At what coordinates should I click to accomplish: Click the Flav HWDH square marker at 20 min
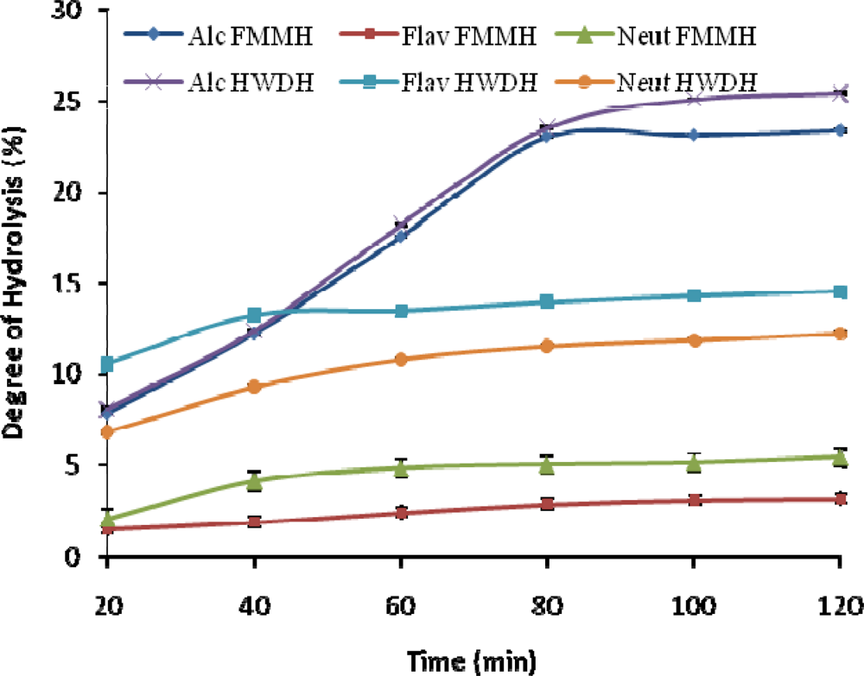tap(107, 364)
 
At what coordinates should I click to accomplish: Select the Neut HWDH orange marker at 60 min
tap(400, 359)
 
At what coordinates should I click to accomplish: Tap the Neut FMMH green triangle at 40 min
tap(254, 481)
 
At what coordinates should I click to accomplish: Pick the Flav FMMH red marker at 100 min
tap(693, 501)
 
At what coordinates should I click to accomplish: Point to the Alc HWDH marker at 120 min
tap(839, 94)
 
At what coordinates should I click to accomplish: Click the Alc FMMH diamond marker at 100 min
tap(693, 136)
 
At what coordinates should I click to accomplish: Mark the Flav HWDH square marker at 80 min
tap(546, 302)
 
